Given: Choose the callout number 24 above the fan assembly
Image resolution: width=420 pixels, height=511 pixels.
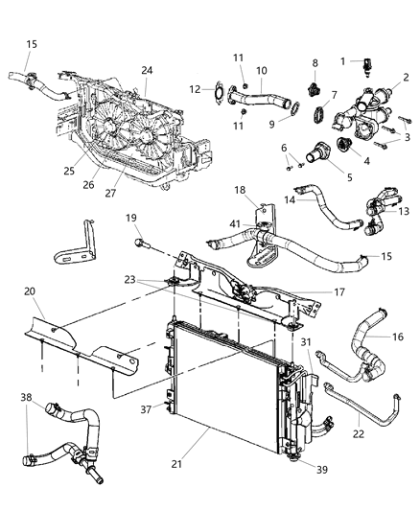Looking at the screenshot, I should pos(148,70).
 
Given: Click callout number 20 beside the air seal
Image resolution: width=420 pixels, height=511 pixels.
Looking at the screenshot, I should pos(29,291).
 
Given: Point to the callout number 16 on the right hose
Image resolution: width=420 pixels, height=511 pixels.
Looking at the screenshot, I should pos(396,337).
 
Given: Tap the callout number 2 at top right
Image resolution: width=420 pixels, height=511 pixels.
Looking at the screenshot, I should pos(405,77).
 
